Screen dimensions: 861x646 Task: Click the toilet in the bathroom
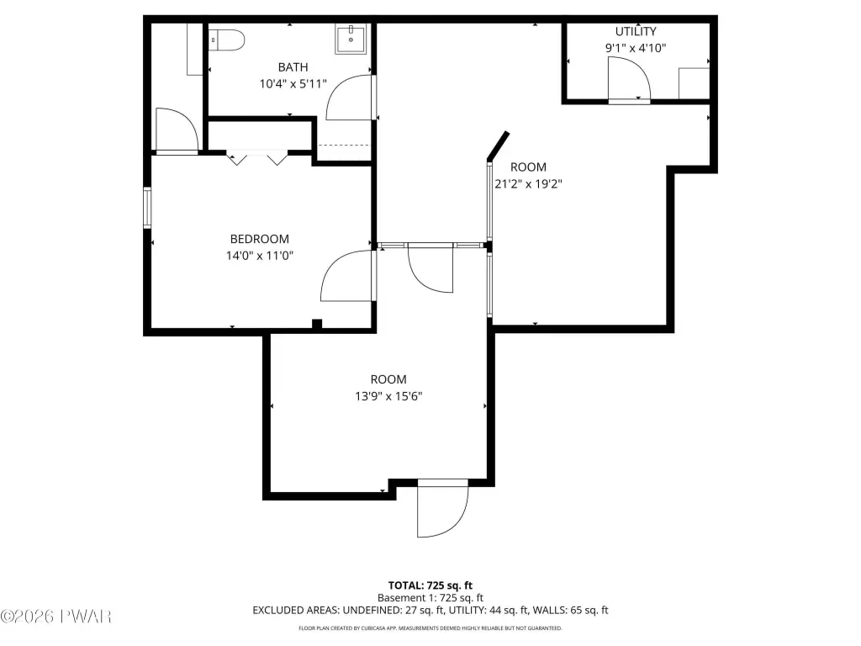(226, 40)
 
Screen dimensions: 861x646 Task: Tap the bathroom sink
(351, 40)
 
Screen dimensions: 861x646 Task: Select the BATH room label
(293, 67)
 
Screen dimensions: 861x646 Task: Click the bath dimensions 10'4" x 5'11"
(293, 84)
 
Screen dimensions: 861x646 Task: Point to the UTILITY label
(636, 31)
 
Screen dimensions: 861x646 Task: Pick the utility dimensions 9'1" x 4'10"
(636, 48)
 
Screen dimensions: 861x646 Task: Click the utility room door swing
(629, 78)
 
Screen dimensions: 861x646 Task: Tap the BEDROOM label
(259, 239)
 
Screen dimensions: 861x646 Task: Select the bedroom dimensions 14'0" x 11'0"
(259, 256)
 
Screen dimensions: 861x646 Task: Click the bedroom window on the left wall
(147, 208)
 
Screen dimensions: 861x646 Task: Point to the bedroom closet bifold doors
(257, 157)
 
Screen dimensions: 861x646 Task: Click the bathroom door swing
(349, 98)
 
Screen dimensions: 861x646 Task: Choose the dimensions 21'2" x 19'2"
(528, 184)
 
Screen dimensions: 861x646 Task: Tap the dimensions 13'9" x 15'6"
(388, 396)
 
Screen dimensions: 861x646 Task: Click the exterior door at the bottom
(442, 508)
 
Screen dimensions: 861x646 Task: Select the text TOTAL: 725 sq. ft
(430, 585)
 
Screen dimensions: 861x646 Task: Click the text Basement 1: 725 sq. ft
(430, 598)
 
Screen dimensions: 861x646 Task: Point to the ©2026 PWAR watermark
(56, 617)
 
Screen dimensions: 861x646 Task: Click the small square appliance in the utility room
(694, 83)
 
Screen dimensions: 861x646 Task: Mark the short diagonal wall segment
(498, 146)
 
